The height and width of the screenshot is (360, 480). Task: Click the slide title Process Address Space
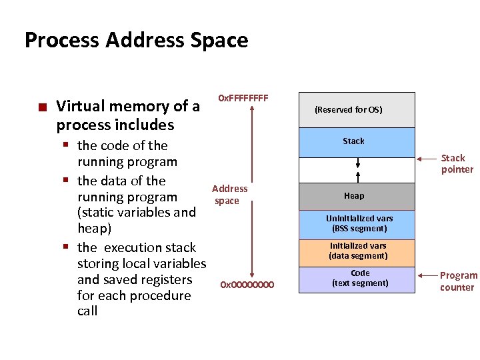point(136,40)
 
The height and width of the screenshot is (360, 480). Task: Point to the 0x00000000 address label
point(247,285)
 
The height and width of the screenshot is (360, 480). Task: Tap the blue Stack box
point(356,141)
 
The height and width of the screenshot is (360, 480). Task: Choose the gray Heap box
point(356,196)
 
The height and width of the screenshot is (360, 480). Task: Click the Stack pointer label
point(457,163)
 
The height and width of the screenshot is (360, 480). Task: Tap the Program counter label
point(458,281)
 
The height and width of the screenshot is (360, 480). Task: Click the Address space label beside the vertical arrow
point(229,195)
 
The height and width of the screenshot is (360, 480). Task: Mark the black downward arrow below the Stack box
point(358,162)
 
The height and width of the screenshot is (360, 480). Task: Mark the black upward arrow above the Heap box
point(358,176)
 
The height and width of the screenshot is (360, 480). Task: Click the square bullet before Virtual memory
point(42,107)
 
